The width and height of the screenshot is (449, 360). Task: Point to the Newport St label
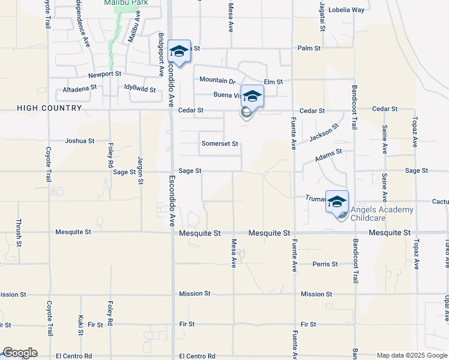(105, 75)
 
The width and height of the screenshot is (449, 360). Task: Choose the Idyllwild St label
(140, 89)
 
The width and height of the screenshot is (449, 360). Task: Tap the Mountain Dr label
(217, 80)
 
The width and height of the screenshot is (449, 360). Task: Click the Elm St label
(273, 81)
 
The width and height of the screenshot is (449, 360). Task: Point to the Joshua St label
(79, 141)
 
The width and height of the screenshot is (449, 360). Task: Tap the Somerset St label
(220, 144)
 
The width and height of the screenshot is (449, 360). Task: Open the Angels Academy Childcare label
(382, 214)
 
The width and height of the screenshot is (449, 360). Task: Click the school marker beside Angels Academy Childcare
(337, 201)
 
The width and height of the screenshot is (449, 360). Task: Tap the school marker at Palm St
(179, 50)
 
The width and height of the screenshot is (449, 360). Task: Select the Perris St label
(325, 264)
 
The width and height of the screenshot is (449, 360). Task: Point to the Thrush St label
(20, 233)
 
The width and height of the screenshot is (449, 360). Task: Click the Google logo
(20, 353)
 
